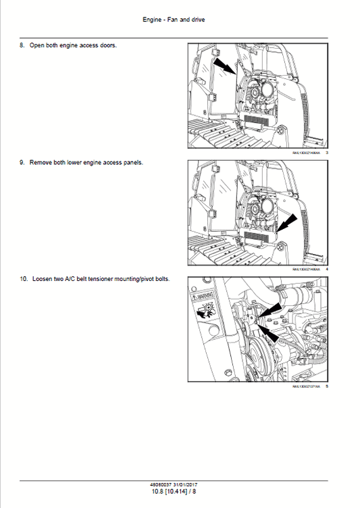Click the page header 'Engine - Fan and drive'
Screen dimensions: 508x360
pos(174,20)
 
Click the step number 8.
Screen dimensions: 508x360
pos(22,45)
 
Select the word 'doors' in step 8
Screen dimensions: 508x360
pos(107,45)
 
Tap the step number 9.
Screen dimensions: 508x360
pos(22,163)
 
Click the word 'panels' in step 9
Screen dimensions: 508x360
pos(132,163)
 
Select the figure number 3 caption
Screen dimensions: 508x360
pos(326,153)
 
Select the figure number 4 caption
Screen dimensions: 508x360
pos(326,270)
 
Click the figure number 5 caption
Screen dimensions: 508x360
pos(326,386)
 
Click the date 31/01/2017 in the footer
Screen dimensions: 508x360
pos(186,484)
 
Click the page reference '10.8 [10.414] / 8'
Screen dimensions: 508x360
pos(174,491)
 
